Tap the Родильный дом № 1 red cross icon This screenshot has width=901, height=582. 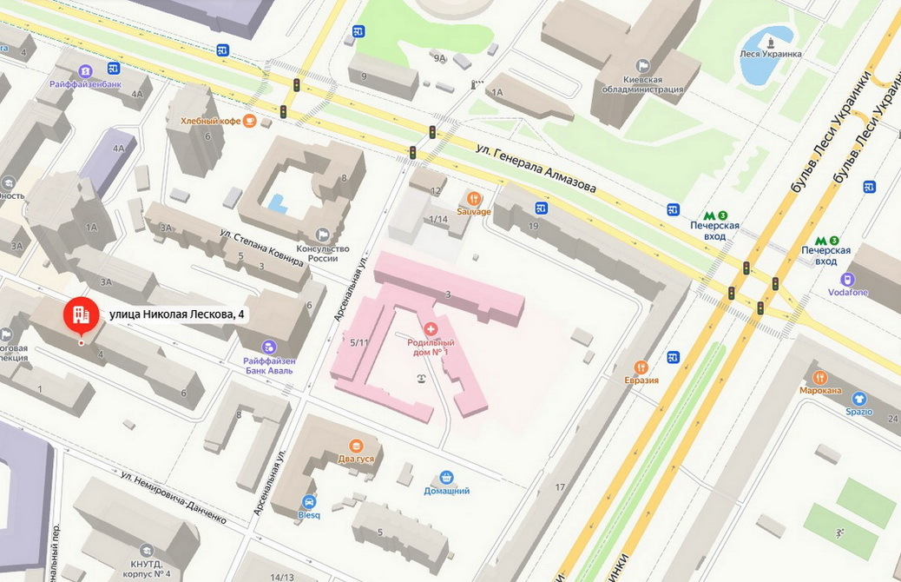[x=431, y=327]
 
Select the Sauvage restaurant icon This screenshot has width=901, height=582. [x=474, y=198]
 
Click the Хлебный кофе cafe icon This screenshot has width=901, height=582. [x=250, y=121]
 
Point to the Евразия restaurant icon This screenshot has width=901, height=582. [x=641, y=367]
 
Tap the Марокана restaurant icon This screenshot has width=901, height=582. [x=820, y=377]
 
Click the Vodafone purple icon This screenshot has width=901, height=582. [x=848, y=279]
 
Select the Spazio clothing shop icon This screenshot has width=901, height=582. [x=859, y=399]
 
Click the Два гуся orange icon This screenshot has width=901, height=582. [x=355, y=446]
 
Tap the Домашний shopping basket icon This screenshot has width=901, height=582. [x=446, y=477]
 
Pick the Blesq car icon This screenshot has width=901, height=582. [x=309, y=501]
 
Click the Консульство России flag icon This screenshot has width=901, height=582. [x=323, y=234]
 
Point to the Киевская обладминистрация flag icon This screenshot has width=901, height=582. [x=642, y=65]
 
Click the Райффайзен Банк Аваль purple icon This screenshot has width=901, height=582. [x=268, y=347]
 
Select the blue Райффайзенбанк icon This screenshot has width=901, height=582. [x=84, y=71]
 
